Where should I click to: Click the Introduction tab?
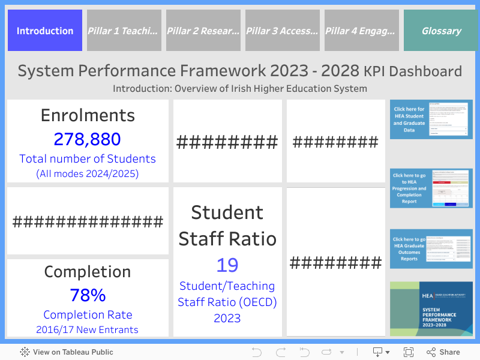point(45,31)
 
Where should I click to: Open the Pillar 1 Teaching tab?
point(124,31)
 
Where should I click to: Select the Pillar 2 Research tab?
point(203,31)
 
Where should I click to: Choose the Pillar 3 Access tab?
point(283,31)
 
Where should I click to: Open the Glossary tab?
point(441,31)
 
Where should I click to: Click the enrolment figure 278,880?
point(88,139)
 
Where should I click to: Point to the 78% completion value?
point(88,295)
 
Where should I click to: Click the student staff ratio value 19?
point(227,265)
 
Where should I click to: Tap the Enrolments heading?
point(88,115)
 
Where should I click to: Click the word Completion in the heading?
point(88,272)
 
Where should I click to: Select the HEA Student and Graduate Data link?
point(431,119)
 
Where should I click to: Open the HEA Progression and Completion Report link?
point(431,188)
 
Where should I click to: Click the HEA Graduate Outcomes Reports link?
point(431,248)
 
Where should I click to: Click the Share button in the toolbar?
point(443,352)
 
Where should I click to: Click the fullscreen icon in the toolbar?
point(409,352)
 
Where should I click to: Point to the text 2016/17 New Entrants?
point(88,329)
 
